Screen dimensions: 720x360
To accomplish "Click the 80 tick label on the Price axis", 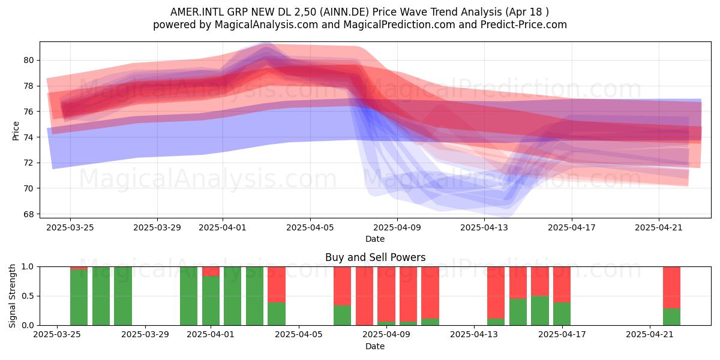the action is [x=28, y=61].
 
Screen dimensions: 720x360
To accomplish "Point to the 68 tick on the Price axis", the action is [x=28, y=214].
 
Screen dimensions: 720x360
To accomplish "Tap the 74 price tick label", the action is [x=28, y=137].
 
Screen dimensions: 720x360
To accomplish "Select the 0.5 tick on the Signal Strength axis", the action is [x=28, y=296].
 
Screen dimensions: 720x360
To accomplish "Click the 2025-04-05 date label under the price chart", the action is [x=310, y=227].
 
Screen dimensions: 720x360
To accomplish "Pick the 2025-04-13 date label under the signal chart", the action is [x=474, y=335].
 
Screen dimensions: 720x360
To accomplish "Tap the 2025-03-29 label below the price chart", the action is [x=157, y=227].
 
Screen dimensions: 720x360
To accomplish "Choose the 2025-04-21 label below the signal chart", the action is [x=650, y=335].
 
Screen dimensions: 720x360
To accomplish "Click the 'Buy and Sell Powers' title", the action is [x=375, y=257].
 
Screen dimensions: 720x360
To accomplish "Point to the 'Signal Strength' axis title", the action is [x=12, y=296].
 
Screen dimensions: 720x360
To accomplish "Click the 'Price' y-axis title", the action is [x=16, y=131].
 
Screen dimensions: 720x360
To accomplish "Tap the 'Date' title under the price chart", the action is [x=375, y=239].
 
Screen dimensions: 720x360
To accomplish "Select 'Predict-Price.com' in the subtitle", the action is [x=524, y=25].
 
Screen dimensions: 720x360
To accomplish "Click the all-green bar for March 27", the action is [x=101, y=296].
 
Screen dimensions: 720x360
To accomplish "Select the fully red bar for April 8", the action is [x=365, y=296].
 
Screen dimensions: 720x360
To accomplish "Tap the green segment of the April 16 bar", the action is [x=540, y=311].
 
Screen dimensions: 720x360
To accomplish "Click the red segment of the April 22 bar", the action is [x=672, y=287].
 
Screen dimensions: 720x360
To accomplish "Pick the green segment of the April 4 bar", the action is [x=277, y=314].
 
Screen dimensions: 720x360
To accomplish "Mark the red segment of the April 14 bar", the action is [x=496, y=293].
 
